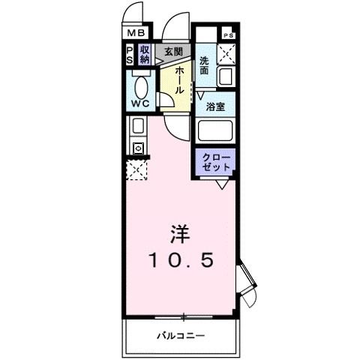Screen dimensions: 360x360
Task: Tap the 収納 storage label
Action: click(x=145, y=55)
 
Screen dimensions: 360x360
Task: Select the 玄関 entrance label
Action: click(x=173, y=52)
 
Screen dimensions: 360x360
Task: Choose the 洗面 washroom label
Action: click(x=205, y=65)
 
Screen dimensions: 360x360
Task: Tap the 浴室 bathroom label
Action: click(x=217, y=106)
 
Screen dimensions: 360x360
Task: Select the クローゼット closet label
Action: click(x=216, y=160)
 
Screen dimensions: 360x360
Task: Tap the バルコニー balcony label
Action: click(x=180, y=334)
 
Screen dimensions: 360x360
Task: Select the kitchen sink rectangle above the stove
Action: click(x=137, y=126)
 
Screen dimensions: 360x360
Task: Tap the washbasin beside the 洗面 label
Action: click(x=225, y=76)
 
